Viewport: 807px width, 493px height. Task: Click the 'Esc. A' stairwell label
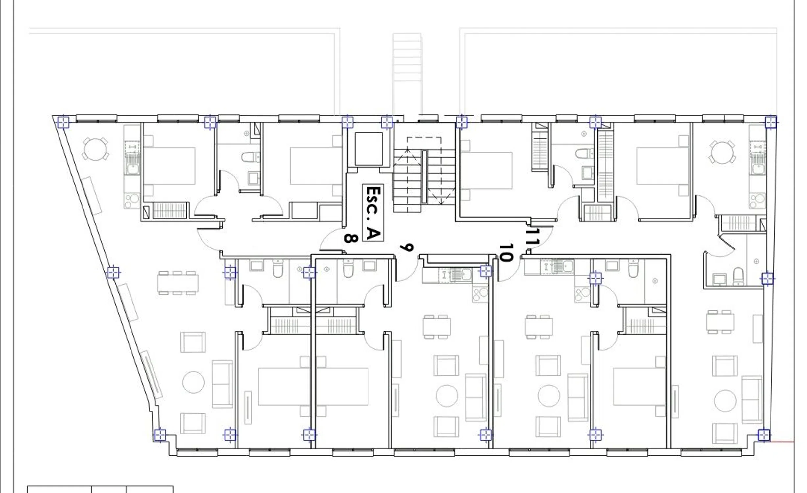pyautogui.click(x=373, y=213)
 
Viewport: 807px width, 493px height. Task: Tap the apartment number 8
pyautogui.click(x=351, y=238)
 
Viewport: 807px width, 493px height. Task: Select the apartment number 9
pyautogui.click(x=407, y=247)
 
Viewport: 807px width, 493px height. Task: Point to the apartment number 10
pyautogui.click(x=506, y=252)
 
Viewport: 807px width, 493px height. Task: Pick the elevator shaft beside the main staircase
pyautogui.click(x=368, y=149)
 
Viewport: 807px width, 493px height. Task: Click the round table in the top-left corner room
pyautogui.click(x=95, y=149)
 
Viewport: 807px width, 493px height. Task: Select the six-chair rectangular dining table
pyautogui.click(x=178, y=283)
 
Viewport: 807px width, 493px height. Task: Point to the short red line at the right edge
pyautogui.click(x=782, y=442)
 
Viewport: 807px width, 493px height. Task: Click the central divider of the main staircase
pyautogui.click(x=424, y=177)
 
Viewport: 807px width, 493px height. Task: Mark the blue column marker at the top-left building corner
pyautogui.click(x=63, y=122)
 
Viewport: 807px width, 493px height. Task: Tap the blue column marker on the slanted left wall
pyautogui.click(x=113, y=272)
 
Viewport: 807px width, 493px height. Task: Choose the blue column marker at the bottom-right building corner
pyautogui.click(x=764, y=435)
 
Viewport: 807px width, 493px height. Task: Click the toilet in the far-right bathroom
pyautogui.click(x=738, y=277)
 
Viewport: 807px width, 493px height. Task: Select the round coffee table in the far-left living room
pyautogui.click(x=194, y=382)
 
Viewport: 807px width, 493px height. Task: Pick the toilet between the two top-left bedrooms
pyautogui.click(x=250, y=157)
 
